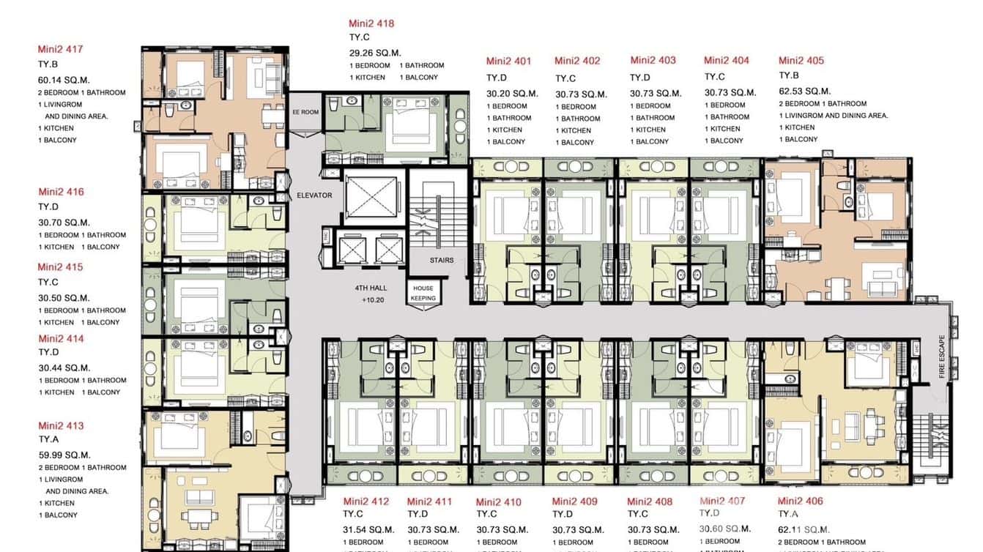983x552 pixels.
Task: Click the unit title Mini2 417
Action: [x=60, y=50]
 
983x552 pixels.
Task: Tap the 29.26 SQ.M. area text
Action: [x=375, y=53]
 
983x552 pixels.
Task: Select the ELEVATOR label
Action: [x=314, y=195]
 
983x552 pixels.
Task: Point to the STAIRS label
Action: [x=442, y=260]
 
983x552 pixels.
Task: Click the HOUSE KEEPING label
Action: [x=423, y=293]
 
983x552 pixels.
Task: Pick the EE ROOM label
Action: [x=305, y=112]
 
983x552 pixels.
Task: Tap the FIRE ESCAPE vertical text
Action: [x=942, y=357]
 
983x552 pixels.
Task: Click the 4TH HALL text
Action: [x=371, y=288]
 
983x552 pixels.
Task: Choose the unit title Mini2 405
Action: [x=801, y=61]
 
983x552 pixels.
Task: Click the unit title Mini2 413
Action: [x=61, y=425]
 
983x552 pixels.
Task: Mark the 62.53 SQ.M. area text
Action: [x=804, y=92]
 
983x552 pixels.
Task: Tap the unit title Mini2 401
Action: [x=508, y=61]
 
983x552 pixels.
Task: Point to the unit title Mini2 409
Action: [x=574, y=501]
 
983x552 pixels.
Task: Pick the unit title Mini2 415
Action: [x=60, y=267]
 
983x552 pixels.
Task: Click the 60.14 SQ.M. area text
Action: [x=64, y=80]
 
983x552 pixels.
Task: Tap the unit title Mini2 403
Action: [x=653, y=60]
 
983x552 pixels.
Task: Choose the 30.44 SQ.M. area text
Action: [x=64, y=368]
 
